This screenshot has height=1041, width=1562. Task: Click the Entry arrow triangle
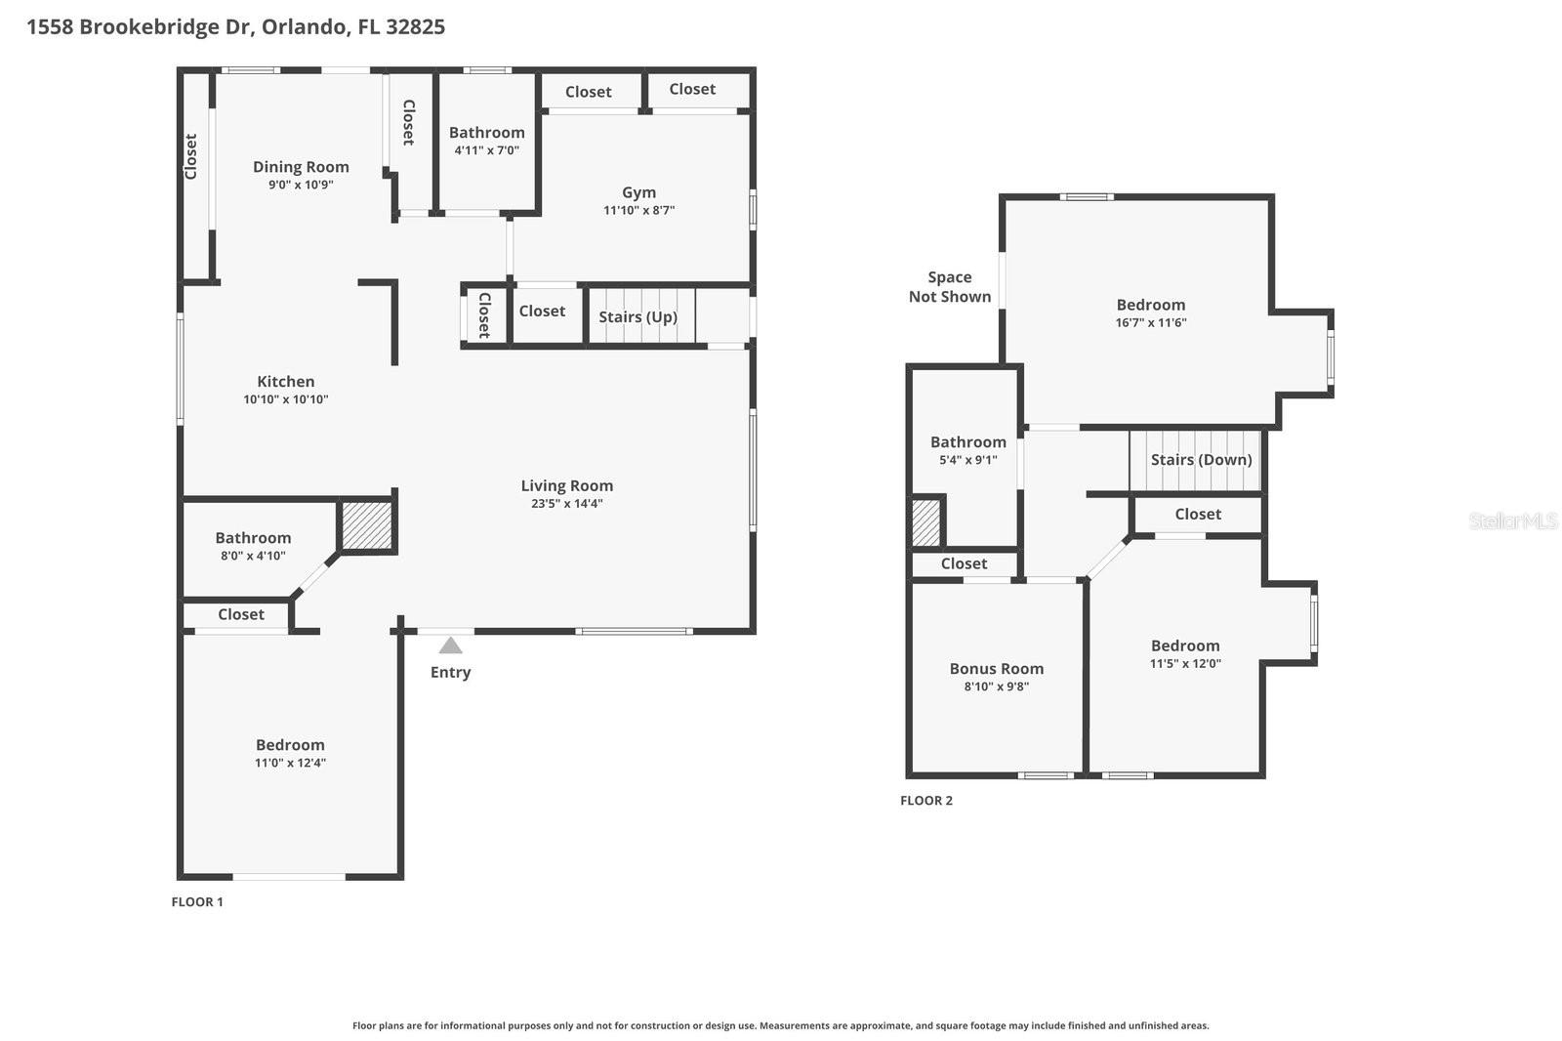(x=450, y=645)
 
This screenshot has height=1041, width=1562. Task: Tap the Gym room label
(x=639, y=192)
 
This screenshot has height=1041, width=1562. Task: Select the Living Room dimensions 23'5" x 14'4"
(x=566, y=504)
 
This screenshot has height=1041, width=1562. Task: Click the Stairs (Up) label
(x=637, y=316)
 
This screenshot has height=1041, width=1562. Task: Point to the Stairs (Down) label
(x=1201, y=460)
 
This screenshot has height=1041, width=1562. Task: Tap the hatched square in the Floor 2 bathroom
(x=925, y=522)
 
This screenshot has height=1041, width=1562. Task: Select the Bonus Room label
(x=996, y=669)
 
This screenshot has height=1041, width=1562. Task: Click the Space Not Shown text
(x=949, y=287)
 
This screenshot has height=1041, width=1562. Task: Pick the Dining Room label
(x=301, y=167)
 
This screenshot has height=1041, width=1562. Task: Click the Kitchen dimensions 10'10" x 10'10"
(x=285, y=399)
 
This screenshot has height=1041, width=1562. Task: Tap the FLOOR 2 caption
(x=925, y=801)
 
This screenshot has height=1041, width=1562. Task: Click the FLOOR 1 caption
(x=197, y=902)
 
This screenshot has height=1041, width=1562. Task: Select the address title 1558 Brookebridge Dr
(x=235, y=26)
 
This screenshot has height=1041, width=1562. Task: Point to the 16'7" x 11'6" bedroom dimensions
(x=1150, y=323)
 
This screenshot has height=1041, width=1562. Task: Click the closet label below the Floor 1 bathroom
(x=240, y=614)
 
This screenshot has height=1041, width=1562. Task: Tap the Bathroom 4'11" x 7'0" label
(x=486, y=133)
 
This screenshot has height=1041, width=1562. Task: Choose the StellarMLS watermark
(x=1512, y=521)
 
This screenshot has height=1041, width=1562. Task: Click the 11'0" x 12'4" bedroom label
(x=290, y=763)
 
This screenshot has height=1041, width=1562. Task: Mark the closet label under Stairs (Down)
(x=1197, y=514)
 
